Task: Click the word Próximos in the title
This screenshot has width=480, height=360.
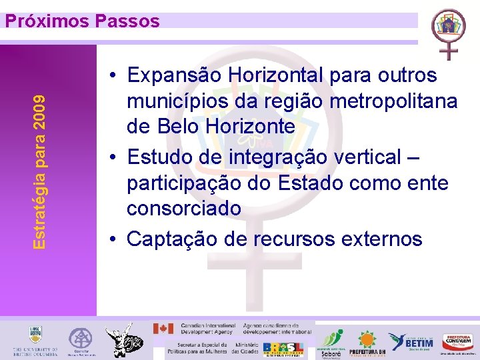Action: pos(47,21)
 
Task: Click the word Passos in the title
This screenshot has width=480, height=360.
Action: pos(127,21)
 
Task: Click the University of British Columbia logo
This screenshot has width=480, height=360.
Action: pos(34,341)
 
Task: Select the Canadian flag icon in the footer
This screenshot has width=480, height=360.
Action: pos(163,329)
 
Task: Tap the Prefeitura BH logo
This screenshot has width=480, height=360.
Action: pos(367,343)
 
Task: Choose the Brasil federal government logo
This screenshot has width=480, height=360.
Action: pos(283,348)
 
